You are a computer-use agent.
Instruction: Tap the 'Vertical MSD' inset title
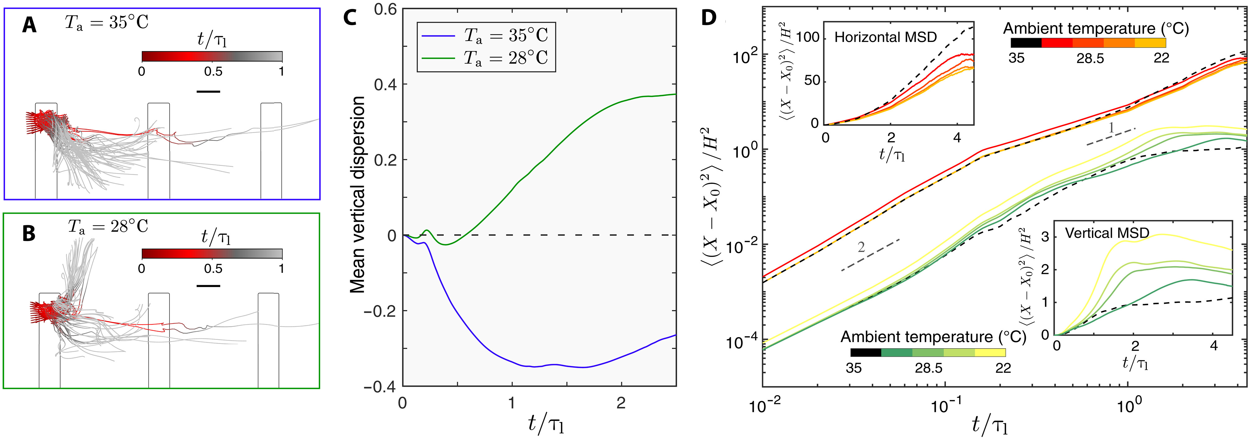(x=1107, y=233)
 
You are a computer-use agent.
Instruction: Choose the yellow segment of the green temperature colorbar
(x=990, y=353)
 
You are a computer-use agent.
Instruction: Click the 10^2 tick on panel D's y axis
(x=742, y=57)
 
